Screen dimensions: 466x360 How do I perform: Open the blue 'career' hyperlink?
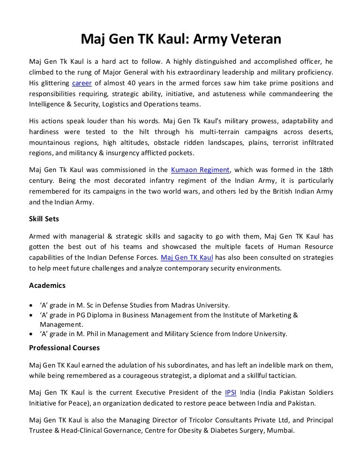82,83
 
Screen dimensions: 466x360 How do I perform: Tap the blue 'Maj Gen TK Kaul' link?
187,257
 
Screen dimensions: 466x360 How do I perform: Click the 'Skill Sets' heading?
45,219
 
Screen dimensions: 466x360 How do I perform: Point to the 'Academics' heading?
47,285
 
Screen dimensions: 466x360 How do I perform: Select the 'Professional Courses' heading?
64,348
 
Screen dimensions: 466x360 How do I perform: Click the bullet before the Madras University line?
31,305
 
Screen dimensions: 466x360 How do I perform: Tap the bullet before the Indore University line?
31,334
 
